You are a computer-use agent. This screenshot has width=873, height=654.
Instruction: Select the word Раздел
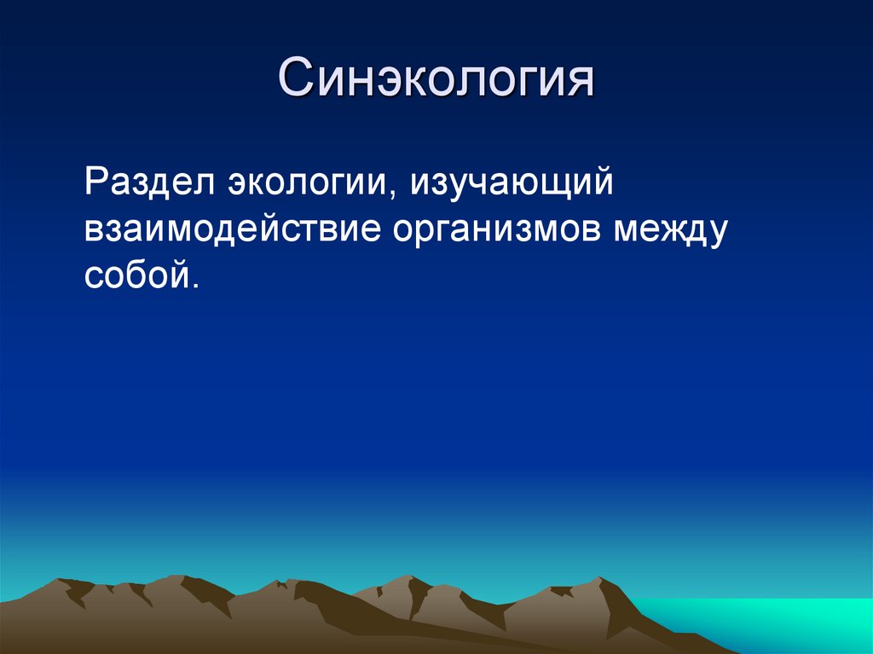pyautogui.click(x=150, y=185)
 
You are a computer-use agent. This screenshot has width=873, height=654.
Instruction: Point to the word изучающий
pyautogui.click(x=512, y=185)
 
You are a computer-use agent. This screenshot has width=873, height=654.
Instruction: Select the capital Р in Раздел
pyautogui.click(x=95, y=183)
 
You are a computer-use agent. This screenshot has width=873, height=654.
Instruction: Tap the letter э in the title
pyautogui.click(x=386, y=83)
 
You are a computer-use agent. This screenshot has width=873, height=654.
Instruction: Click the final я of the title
pyautogui.click(x=579, y=83)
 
